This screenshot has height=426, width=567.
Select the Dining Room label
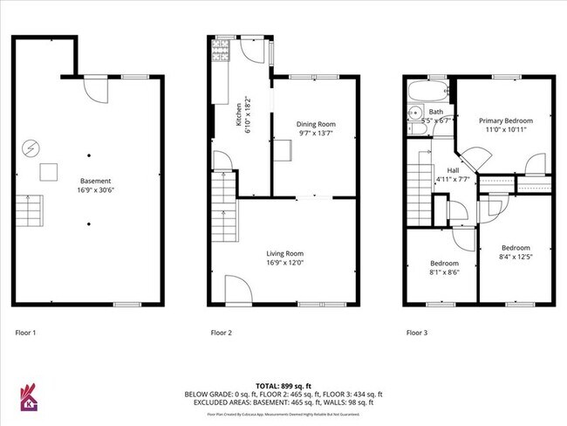pyautogui.click(x=317, y=124)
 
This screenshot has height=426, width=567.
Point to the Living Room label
pyautogui.click(x=285, y=253)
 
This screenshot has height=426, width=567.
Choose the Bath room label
pyautogui.click(x=435, y=112)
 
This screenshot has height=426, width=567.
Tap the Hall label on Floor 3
pyautogui.click(x=454, y=170)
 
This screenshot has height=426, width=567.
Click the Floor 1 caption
pyautogui.click(x=26, y=333)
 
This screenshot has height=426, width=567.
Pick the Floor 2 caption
pyautogui.click(x=222, y=333)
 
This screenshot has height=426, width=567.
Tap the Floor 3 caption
pyautogui.click(x=417, y=333)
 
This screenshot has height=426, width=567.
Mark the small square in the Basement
pyautogui.click(x=51, y=170)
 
